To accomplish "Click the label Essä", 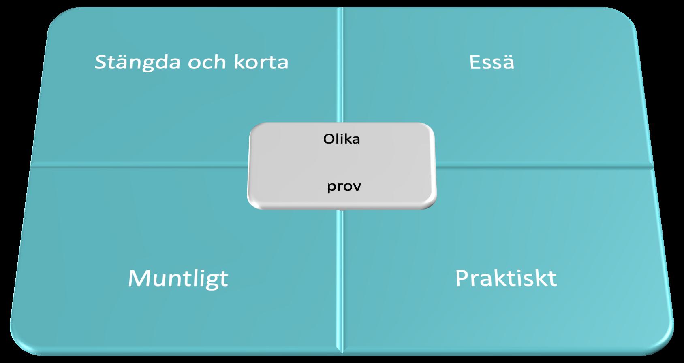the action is pos(492,62).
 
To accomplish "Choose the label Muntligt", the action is pos(178,278).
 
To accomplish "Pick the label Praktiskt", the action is pos(506,278).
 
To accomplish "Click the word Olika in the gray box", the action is pos(342,139).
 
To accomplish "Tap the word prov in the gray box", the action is pos(344,186).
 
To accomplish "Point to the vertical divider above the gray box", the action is pos(340,65).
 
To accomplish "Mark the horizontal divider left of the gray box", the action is pos(138,166).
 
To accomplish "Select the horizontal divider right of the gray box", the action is pos(543,166).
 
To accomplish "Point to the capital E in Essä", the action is pos(475,62).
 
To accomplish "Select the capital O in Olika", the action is pos(328,139).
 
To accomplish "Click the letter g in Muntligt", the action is pos(210,280).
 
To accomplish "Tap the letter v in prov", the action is pos(357,187).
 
